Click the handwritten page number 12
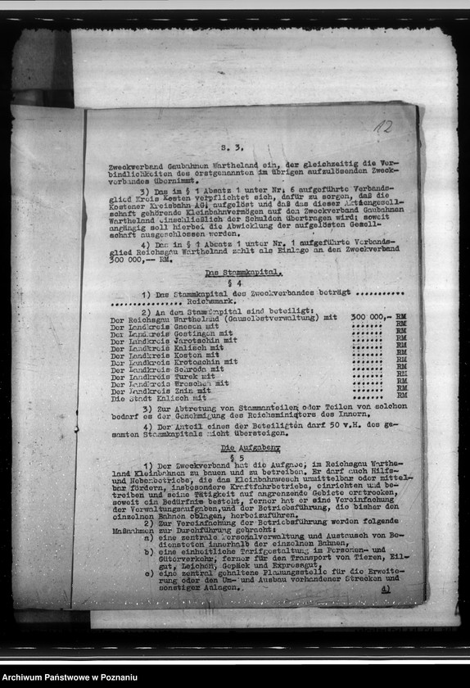coord(383,127)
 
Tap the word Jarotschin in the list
coord(196,340)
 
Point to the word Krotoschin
coord(196,361)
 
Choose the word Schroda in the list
coord(189,369)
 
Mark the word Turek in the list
coord(185,376)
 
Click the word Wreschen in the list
coord(192,383)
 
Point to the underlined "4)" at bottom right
coord(386,588)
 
